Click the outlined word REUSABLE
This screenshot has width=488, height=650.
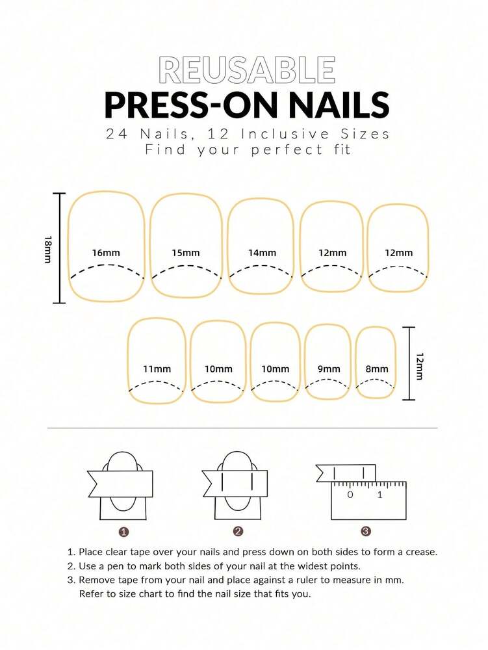click(x=247, y=70)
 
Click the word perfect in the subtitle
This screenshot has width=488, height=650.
click(x=273, y=149)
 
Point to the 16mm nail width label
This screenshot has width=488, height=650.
click(x=106, y=252)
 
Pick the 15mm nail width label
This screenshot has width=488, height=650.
click(x=186, y=252)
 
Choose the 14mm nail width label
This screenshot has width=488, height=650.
click(x=262, y=252)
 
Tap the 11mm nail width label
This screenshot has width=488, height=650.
click(x=157, y=369)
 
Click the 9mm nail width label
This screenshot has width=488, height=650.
click(x=329, y=369)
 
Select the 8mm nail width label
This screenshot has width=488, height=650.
click(x=377, y=369)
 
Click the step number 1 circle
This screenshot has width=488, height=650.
click(x=123, y=531)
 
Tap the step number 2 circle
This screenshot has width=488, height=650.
click(x=238, y=531)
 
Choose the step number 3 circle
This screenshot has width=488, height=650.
click(x=366, y=531)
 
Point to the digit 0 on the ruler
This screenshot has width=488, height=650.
click(x=350, y=495)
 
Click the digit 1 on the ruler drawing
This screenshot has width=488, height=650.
click(x=380, y=495)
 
